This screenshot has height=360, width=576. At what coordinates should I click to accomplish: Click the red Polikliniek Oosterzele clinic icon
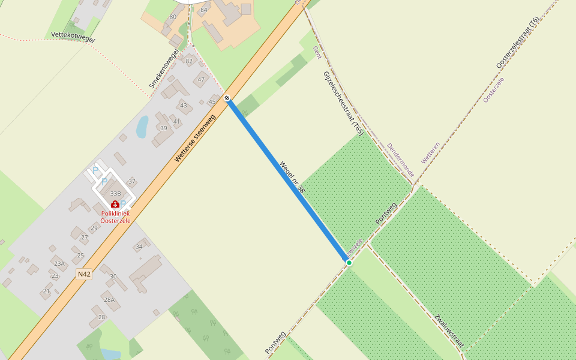[x=115, y=204]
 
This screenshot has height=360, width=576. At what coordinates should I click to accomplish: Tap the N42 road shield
[x=85, y=274]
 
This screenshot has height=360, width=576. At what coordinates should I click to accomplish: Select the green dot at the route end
[x=349, y=262]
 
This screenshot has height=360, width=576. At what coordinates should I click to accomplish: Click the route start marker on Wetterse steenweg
[x=227, y=98]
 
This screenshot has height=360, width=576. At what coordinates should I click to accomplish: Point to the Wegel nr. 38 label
[x=292, y=177]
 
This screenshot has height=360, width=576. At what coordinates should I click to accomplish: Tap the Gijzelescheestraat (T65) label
[x=344, y=103]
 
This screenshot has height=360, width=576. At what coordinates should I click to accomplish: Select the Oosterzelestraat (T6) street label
[x=518, y=43]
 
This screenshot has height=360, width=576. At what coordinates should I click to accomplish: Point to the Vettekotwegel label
[x=73, y=37]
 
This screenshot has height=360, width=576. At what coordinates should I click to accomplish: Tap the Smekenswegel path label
[x=164, y=68]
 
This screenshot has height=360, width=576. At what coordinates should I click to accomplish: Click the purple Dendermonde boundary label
[x=400, y=160]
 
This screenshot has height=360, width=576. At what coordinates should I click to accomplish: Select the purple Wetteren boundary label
[x=431, y=152]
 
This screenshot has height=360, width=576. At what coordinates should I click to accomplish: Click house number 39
[x=163, y=128]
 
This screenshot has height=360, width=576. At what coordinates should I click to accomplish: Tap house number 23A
[x=59, y=263]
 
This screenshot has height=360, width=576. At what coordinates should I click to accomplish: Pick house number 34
[x=139, y=247]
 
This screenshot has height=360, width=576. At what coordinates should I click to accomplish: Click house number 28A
[x=109, y=299]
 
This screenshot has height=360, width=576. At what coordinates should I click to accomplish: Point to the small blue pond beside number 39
[x=142, y=127]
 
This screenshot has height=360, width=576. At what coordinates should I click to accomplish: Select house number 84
[x=204, y=10]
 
